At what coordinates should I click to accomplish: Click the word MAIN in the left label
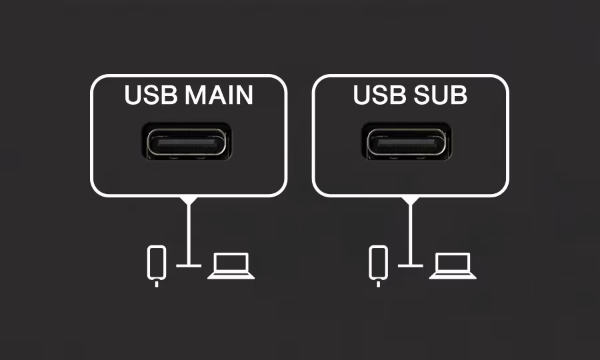coord(219,95)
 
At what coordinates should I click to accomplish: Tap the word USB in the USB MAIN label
coord(151,95)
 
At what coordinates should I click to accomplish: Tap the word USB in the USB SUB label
coord(379,95)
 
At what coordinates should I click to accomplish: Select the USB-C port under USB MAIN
coord(187,142)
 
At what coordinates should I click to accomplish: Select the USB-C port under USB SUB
coord(407,142)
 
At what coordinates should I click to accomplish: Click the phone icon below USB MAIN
coord(157,266)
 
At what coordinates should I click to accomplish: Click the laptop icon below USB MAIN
coord(231,266)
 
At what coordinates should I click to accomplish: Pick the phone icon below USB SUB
coord(379,266)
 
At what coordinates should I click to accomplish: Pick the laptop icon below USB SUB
coord(453,266)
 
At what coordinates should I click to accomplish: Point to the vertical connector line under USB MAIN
coord(189,234)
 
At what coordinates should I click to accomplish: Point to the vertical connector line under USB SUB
coord(411,234)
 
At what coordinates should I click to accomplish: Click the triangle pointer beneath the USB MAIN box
coord(189,201)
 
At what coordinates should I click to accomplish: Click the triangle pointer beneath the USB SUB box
coord(411,201)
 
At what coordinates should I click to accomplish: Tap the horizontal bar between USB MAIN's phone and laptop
coord(189,265)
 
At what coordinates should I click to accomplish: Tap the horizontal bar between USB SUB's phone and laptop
coord(411,265)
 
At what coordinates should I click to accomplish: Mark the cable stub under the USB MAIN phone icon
coord(157,284)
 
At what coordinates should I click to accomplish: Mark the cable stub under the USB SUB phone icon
coord(379,284)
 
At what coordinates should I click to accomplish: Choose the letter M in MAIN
coord(196,95)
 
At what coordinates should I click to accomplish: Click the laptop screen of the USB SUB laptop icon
coord(453,262)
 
